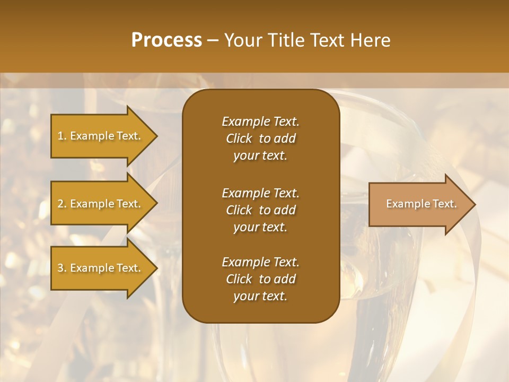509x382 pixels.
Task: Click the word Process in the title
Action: click(x=166, y=40)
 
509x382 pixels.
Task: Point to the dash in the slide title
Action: click(x=213, y=41)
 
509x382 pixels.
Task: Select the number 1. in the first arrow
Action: click(x=62, y=136)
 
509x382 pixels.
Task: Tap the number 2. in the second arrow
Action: click(x=62, y=204)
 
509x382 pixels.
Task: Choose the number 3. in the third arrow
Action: click(x=62, y=268)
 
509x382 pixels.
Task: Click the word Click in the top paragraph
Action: click(x=239, y=138)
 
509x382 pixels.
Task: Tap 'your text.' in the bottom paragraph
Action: click(x=260, y=296)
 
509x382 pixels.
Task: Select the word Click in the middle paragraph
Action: click(x=239, y=210)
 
